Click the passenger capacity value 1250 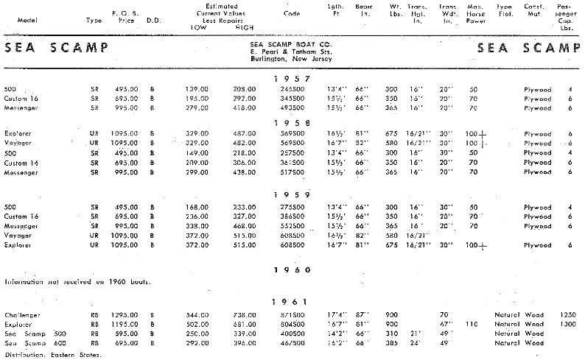tap(566, 314)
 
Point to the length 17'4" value tap(336, 314)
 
